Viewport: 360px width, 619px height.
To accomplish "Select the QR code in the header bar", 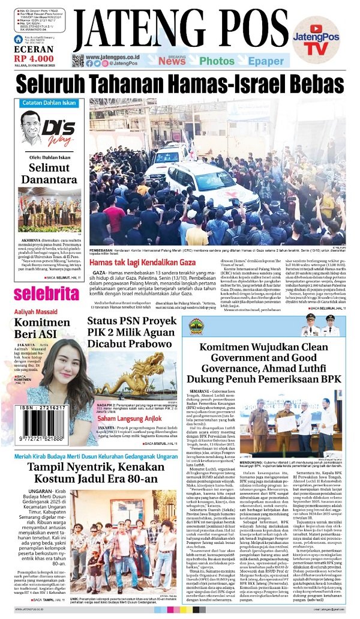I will click(x=77, y=60).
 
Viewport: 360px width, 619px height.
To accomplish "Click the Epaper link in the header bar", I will click(x=265, y=61).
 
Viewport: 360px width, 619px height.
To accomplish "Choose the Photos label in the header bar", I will click(x=217, y=61).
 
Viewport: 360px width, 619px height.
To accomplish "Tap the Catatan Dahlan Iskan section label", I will click(x=46, y=103).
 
